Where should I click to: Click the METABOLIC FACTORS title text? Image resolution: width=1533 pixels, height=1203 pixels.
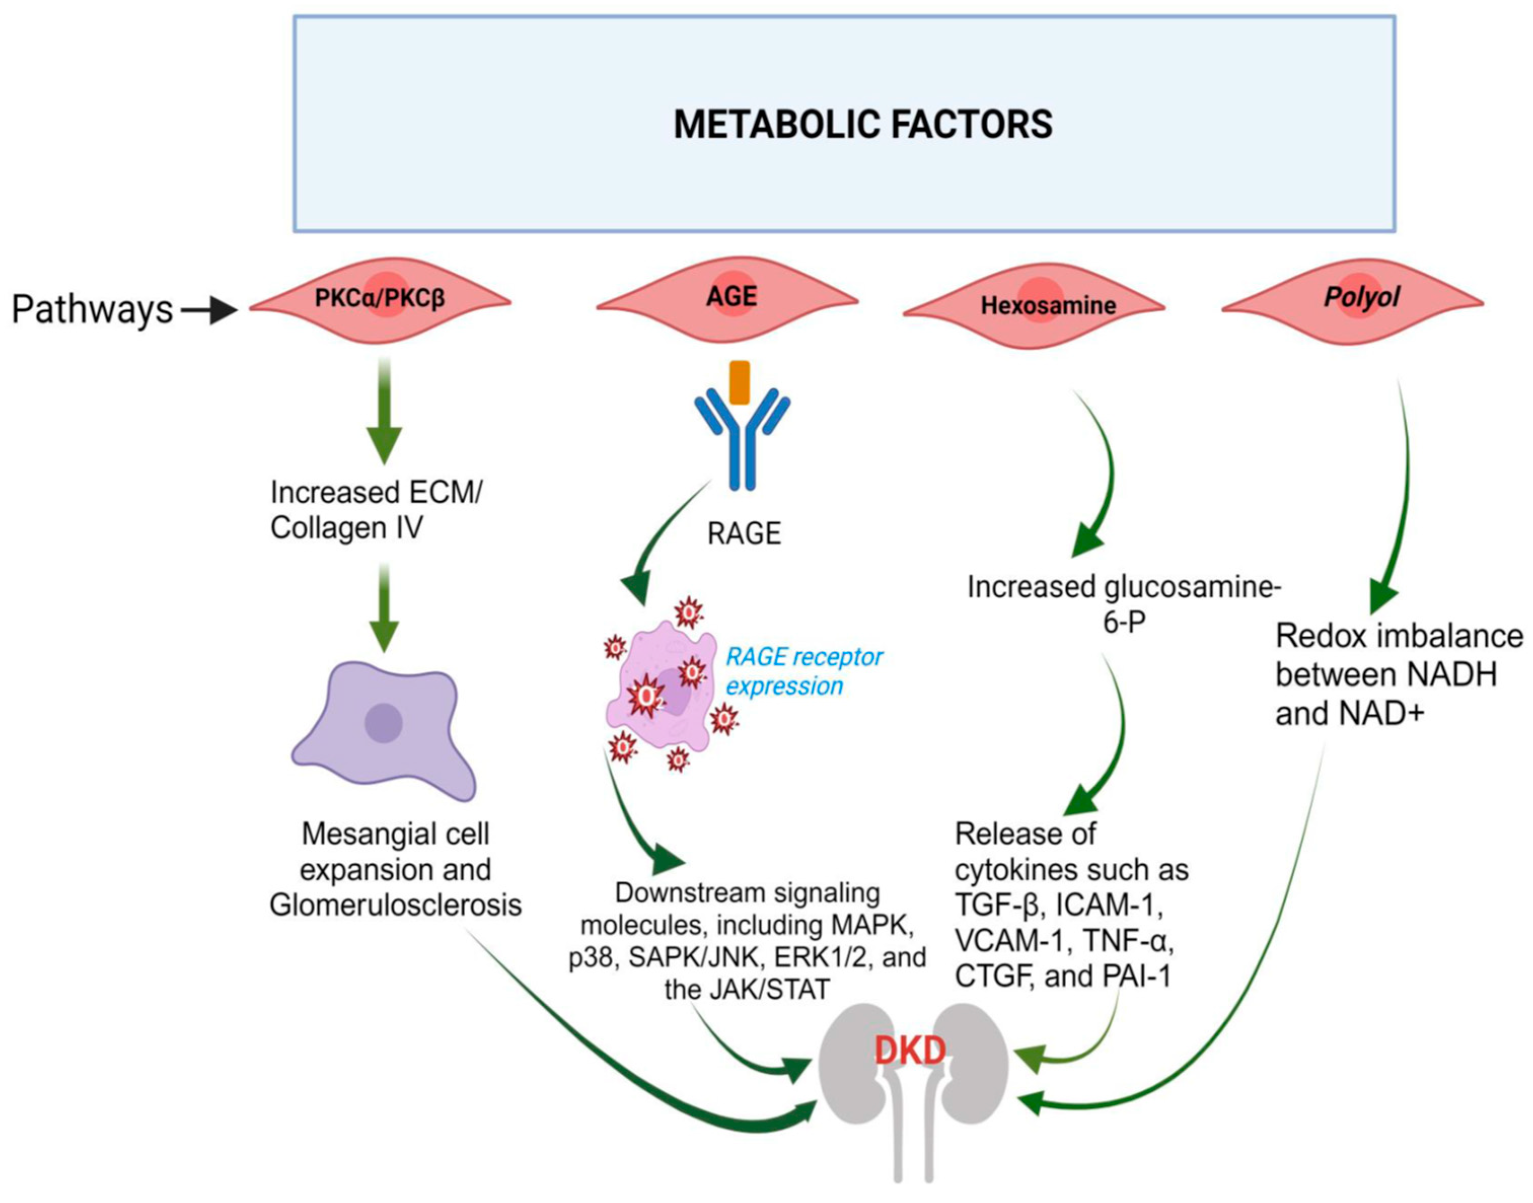(x=864, y=125)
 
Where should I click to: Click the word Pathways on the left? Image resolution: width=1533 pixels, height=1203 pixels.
(x=92, y=309)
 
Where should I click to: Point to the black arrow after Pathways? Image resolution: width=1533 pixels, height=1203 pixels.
(x=210, y=310)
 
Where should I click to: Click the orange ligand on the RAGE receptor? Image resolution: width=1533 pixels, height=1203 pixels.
(x=739, y=382)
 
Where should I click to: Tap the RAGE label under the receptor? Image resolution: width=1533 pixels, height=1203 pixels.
(x=743, y=534)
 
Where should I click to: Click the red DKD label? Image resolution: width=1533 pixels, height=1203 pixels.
(x=910, y=1051)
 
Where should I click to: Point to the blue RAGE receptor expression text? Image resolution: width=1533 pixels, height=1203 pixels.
(x=803, y=671)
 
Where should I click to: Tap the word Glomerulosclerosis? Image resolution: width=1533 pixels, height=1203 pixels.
(x=396, y=905)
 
